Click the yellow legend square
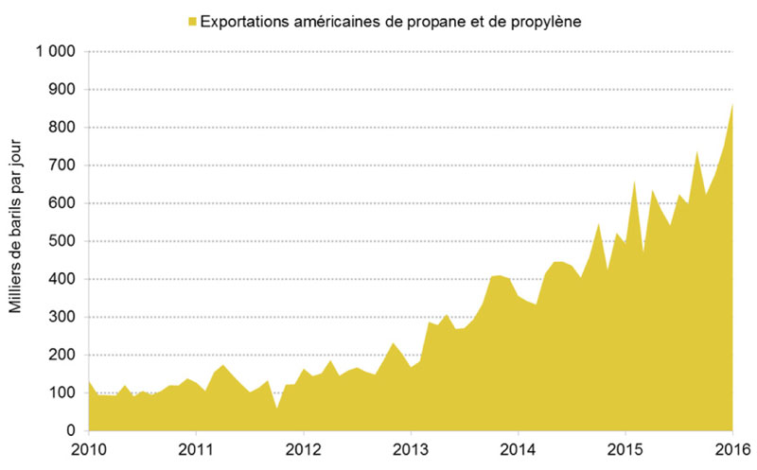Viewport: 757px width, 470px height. coord(193,20)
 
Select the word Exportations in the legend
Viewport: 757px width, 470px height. coord(248,20)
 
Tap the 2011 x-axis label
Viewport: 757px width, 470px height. coord(195,448)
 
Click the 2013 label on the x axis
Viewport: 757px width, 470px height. coord(410,448)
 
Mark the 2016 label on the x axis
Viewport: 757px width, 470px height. coord(731,448)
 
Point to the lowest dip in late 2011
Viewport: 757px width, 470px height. coord(276,408)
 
